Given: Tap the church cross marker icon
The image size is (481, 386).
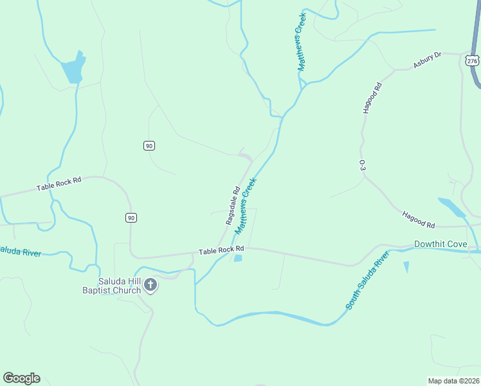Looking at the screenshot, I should point(150,284).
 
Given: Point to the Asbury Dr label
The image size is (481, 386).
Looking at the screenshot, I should point(427,60).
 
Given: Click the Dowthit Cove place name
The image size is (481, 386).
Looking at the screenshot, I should point(440,244).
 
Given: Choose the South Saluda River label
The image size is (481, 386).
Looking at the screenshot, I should point(368,281).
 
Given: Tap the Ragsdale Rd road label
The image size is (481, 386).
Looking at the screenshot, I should point(233,205).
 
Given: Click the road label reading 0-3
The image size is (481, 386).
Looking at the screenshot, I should point(363,165).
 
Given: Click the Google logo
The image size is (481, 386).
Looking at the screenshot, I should point(21,378).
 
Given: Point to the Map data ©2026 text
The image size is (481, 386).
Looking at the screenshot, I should point(453,380).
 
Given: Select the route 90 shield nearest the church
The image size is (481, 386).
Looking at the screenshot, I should point(131,218).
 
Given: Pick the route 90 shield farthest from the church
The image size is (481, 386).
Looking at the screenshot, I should point(149,146).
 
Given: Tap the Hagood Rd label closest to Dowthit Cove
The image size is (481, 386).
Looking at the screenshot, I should point(419,220).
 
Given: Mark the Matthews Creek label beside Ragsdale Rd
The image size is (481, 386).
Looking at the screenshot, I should point(246,206).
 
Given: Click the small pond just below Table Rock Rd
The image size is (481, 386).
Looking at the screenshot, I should point(238,258).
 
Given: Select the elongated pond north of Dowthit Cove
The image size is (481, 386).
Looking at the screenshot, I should point(453,208).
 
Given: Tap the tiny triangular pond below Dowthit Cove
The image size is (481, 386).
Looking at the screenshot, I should point(406,266).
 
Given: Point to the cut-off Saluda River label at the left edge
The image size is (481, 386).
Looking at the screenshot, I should point(20,251).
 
